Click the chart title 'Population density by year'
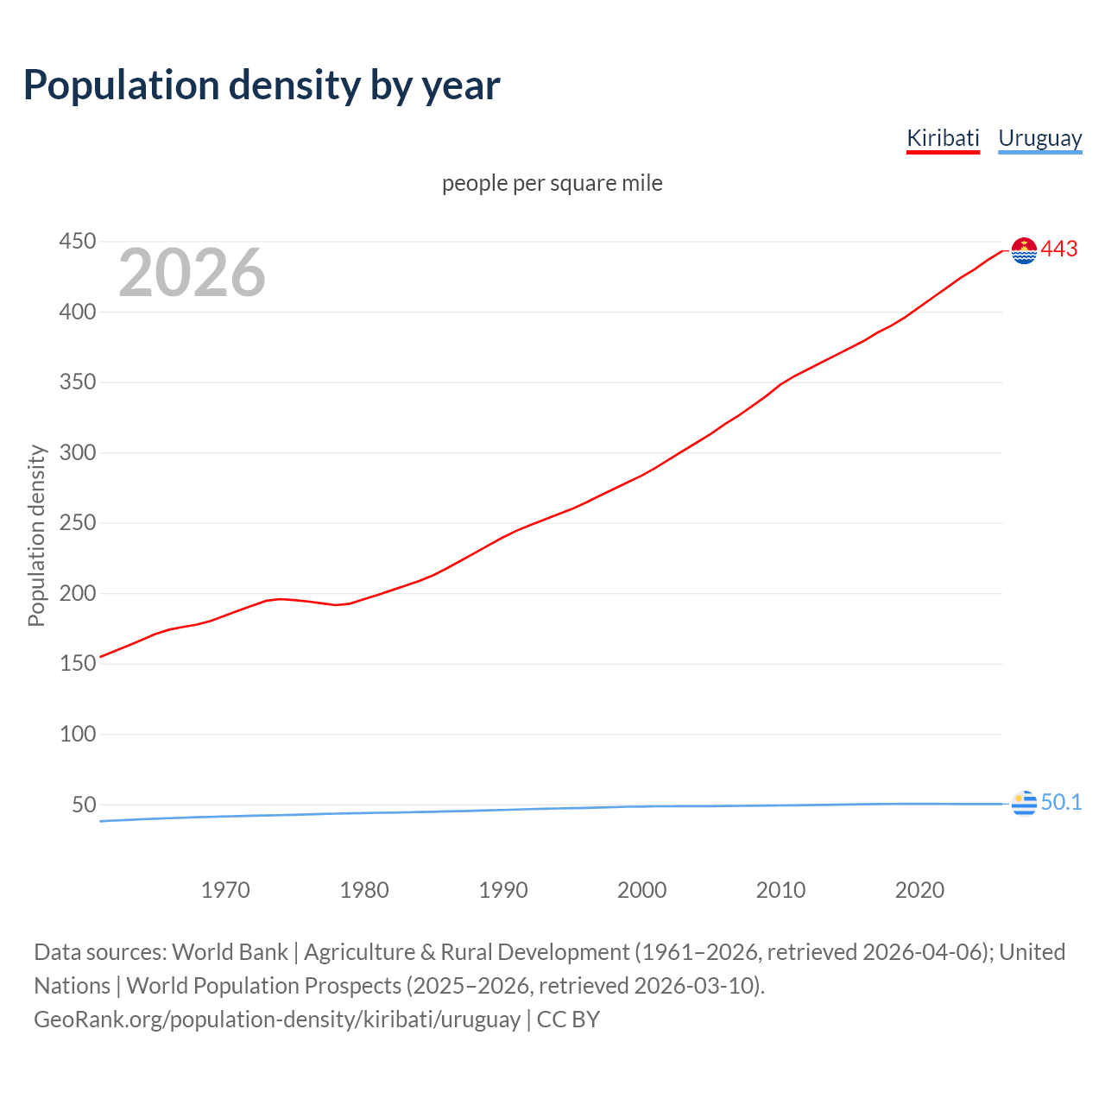(x=262, y=85)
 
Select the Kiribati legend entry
(x=943, y=138)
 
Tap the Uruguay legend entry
(x=1039, y=138)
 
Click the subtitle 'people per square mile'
(x=552, y=183)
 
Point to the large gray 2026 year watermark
(x=192, y=273)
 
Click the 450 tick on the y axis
(x=77, y=241)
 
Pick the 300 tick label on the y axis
(x=77, y=452)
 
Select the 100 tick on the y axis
(x=77, y=734)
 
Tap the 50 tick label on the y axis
(x=84, y=805)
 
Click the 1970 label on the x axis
(x=225, y=890)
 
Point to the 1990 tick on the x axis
(x=503, y=890)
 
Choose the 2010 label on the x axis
(x=780, y=890)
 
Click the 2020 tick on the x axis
(x=919, y=890)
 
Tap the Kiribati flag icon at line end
(x=1024, y=250)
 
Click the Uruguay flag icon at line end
(x=1024, y=803)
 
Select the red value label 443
(x=1059, y=249)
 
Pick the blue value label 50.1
(x=1061, y=802)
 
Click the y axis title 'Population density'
(x=36, y=535)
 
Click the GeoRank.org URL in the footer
(x=277, y=1019)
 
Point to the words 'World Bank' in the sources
(x=230, y=951)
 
